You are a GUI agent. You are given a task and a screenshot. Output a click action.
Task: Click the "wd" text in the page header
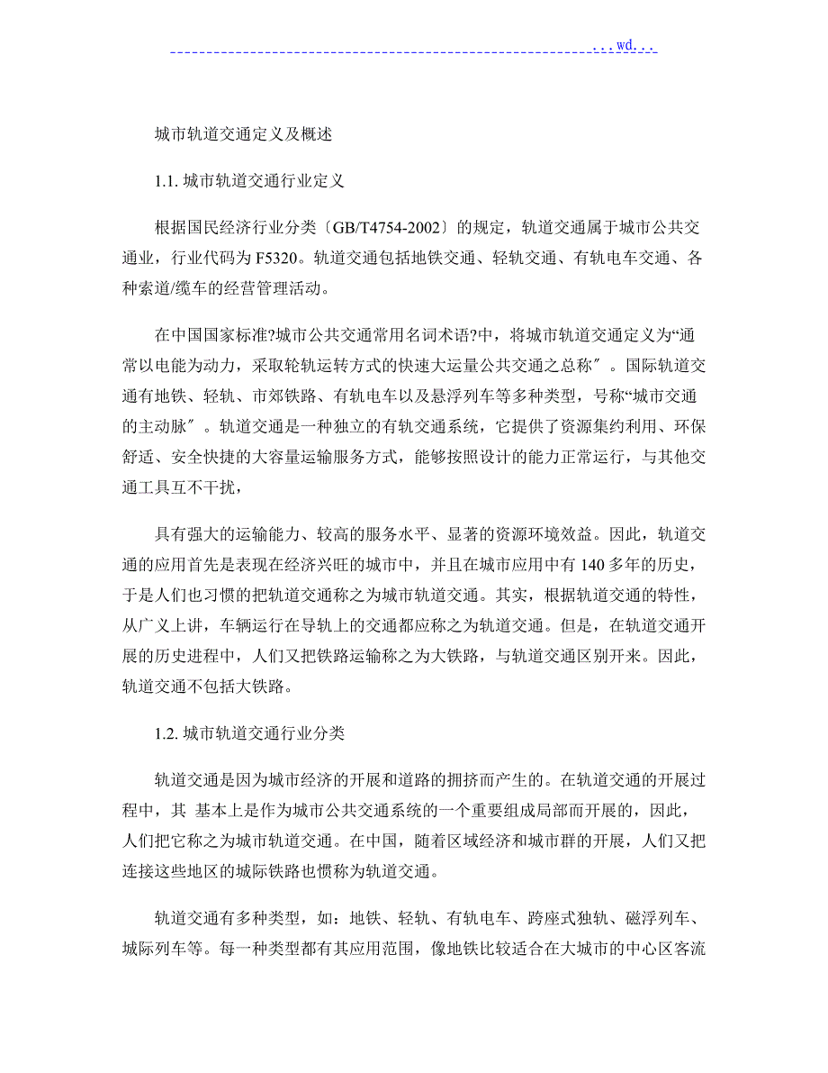click(x=626, y=43)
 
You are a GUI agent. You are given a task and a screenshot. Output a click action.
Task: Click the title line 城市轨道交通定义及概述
click(x=244, y=134)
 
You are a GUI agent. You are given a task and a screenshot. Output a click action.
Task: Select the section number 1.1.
click(x=166, y=181)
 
